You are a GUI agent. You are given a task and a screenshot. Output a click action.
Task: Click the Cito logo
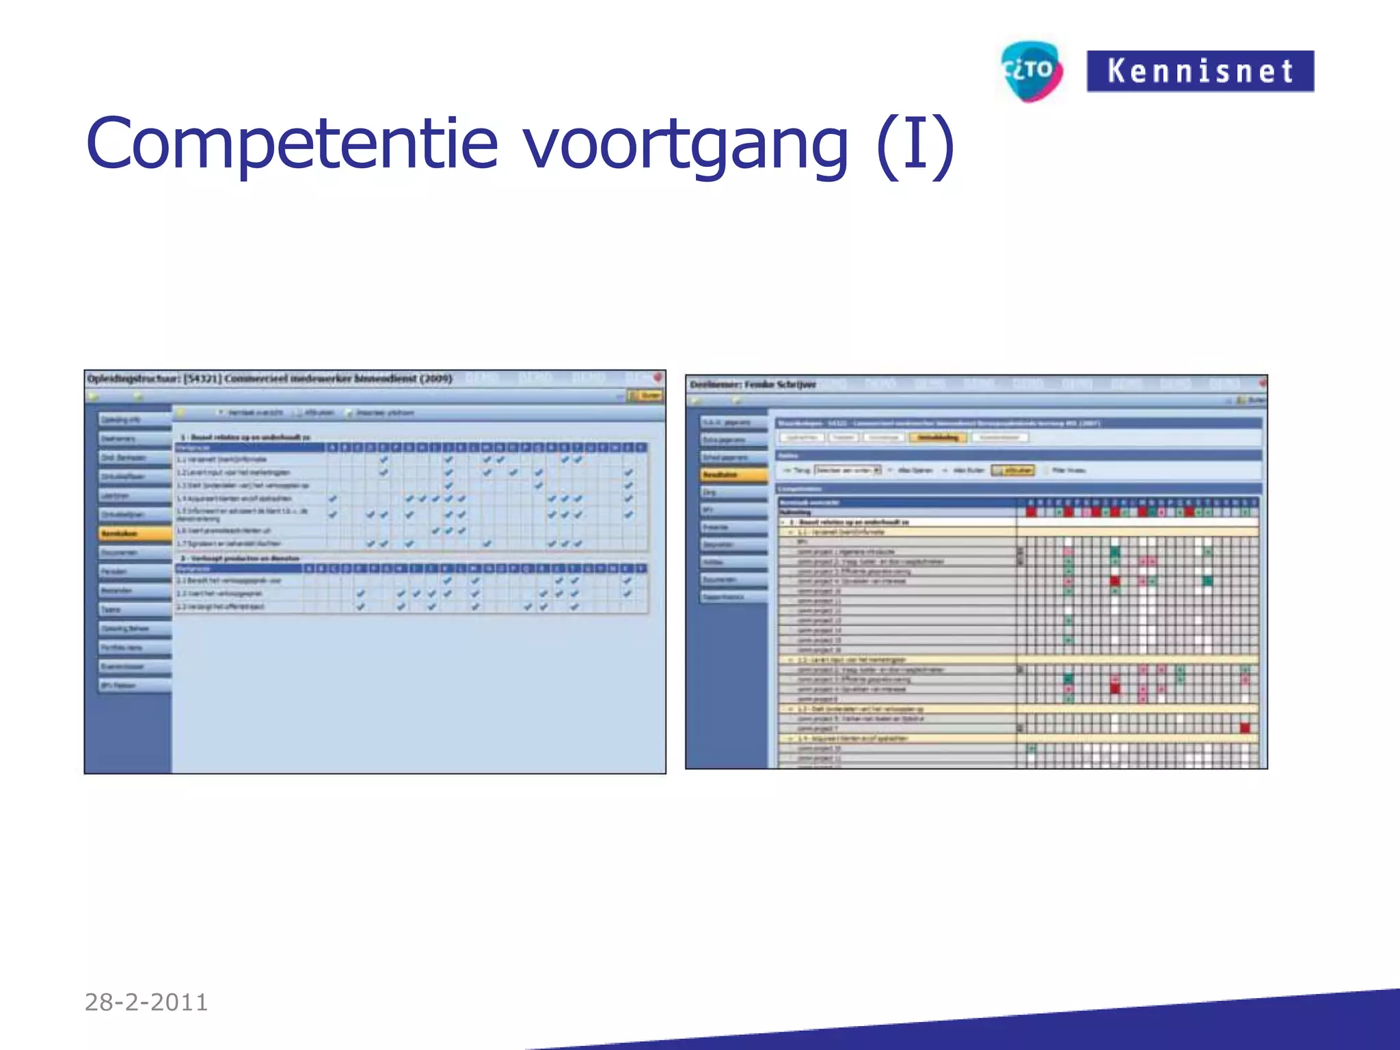[x=1031, y=71]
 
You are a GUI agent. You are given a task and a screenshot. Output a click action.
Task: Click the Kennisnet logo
[x=1200, y=71]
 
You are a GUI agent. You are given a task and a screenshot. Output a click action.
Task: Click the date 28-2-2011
[x=146, y=1002]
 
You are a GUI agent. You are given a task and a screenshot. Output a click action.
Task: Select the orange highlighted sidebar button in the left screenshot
[x=135, y=533]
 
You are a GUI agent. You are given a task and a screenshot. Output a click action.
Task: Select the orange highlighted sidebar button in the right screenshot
[x=734, y=474]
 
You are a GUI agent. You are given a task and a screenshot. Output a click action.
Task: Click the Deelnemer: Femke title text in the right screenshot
[x=753, y=385]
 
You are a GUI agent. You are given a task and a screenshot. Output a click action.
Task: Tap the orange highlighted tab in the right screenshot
[x=938, y=437]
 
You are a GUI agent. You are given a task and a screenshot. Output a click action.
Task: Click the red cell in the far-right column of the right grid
[x=1245, y=728]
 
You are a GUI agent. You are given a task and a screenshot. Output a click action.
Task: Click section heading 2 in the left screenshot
[x=239, y=558]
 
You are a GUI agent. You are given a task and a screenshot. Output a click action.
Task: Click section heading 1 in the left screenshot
[x=245, y=437]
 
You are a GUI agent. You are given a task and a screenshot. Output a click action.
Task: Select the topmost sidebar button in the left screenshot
[x=135, y=420]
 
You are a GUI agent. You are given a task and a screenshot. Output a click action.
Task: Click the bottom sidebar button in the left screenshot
[x=135, y=686]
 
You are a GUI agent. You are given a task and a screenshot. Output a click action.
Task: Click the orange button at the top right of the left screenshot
[x=645, y=395]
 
